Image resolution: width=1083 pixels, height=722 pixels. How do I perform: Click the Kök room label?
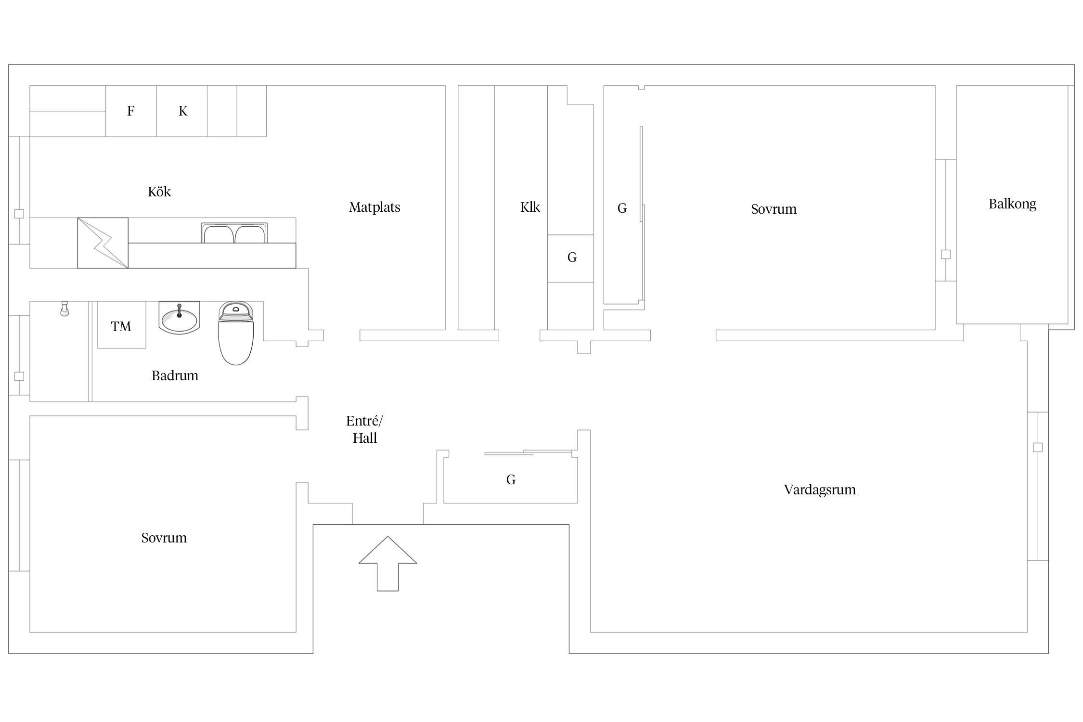click(x=159, y=192)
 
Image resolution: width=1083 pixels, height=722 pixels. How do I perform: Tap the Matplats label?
click(x=374, y=207)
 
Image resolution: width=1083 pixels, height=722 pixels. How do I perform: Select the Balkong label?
click(x=1012, y=204)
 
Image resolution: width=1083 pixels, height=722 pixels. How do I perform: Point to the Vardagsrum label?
click(x=820, y=490)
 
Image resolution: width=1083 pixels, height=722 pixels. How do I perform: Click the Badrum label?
click(x=175, y=375)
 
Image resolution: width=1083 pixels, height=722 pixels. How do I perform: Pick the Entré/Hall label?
click(x=364, y=429)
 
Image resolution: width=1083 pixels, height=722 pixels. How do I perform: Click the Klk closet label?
click(x=530, y=207)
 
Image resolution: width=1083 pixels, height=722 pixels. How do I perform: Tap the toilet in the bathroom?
click(x=236, y=333)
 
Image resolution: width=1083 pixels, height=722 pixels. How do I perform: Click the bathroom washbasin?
click(x=179, y=318)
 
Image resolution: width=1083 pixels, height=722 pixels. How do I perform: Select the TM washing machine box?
click(x=122, y=325)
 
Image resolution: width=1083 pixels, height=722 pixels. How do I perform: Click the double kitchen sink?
click(x=234, y=233)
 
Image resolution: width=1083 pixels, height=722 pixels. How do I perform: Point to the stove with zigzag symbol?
click(x=103, y=243)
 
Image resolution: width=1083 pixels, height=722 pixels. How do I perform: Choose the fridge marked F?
click(x=131, y=111)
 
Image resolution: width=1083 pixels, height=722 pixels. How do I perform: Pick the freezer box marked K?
click(x=182, y=111)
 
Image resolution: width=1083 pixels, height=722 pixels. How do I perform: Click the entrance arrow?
click(x=387, y=564)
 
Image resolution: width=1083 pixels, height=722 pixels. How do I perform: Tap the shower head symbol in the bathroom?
click(x=64, y=309)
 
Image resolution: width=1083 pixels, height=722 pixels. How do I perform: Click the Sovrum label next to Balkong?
click(x=774, y=209)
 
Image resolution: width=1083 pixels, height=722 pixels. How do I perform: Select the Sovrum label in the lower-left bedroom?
click(x=164, y=538)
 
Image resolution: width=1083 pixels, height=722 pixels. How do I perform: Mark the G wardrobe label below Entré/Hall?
click(x=511, y=479)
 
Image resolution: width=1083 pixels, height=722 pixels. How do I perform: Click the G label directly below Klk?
click(x=572, y=258)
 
